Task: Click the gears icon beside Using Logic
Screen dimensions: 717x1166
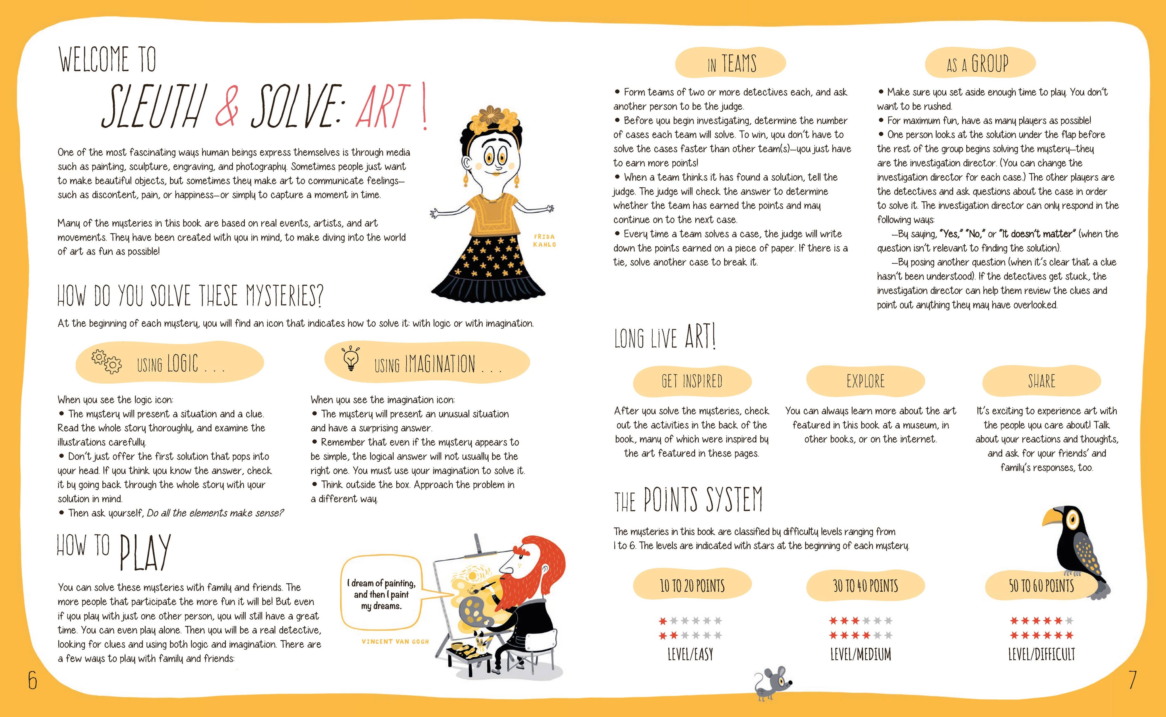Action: tap(106, 362)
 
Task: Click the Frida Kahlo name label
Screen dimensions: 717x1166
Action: tap(544, 241)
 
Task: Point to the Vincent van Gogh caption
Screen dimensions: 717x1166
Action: tap(395, 642)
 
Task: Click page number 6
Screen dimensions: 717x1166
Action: tap(32, 681)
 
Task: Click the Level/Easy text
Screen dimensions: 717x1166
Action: tap(690, 654)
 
